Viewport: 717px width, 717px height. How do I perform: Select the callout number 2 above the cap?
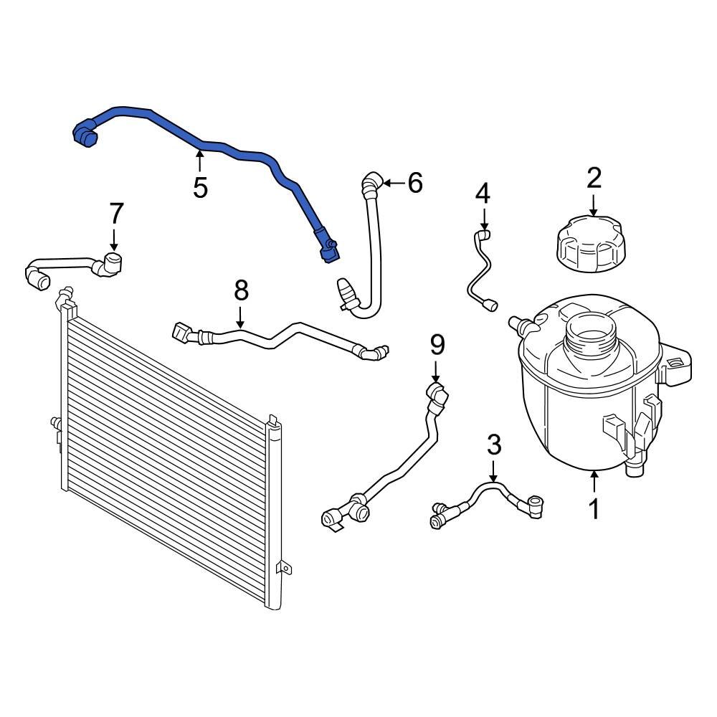tap(594, 178)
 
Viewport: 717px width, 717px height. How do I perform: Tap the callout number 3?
tap(494, 445)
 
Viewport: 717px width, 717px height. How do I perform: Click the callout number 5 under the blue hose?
tap(200, 187)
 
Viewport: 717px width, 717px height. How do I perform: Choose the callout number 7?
tap(116, 213)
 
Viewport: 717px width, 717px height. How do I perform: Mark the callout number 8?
tap(241, 290)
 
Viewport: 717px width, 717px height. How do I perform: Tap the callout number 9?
tap(437, 345)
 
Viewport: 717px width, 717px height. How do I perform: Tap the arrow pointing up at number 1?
tap(594, 480)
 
